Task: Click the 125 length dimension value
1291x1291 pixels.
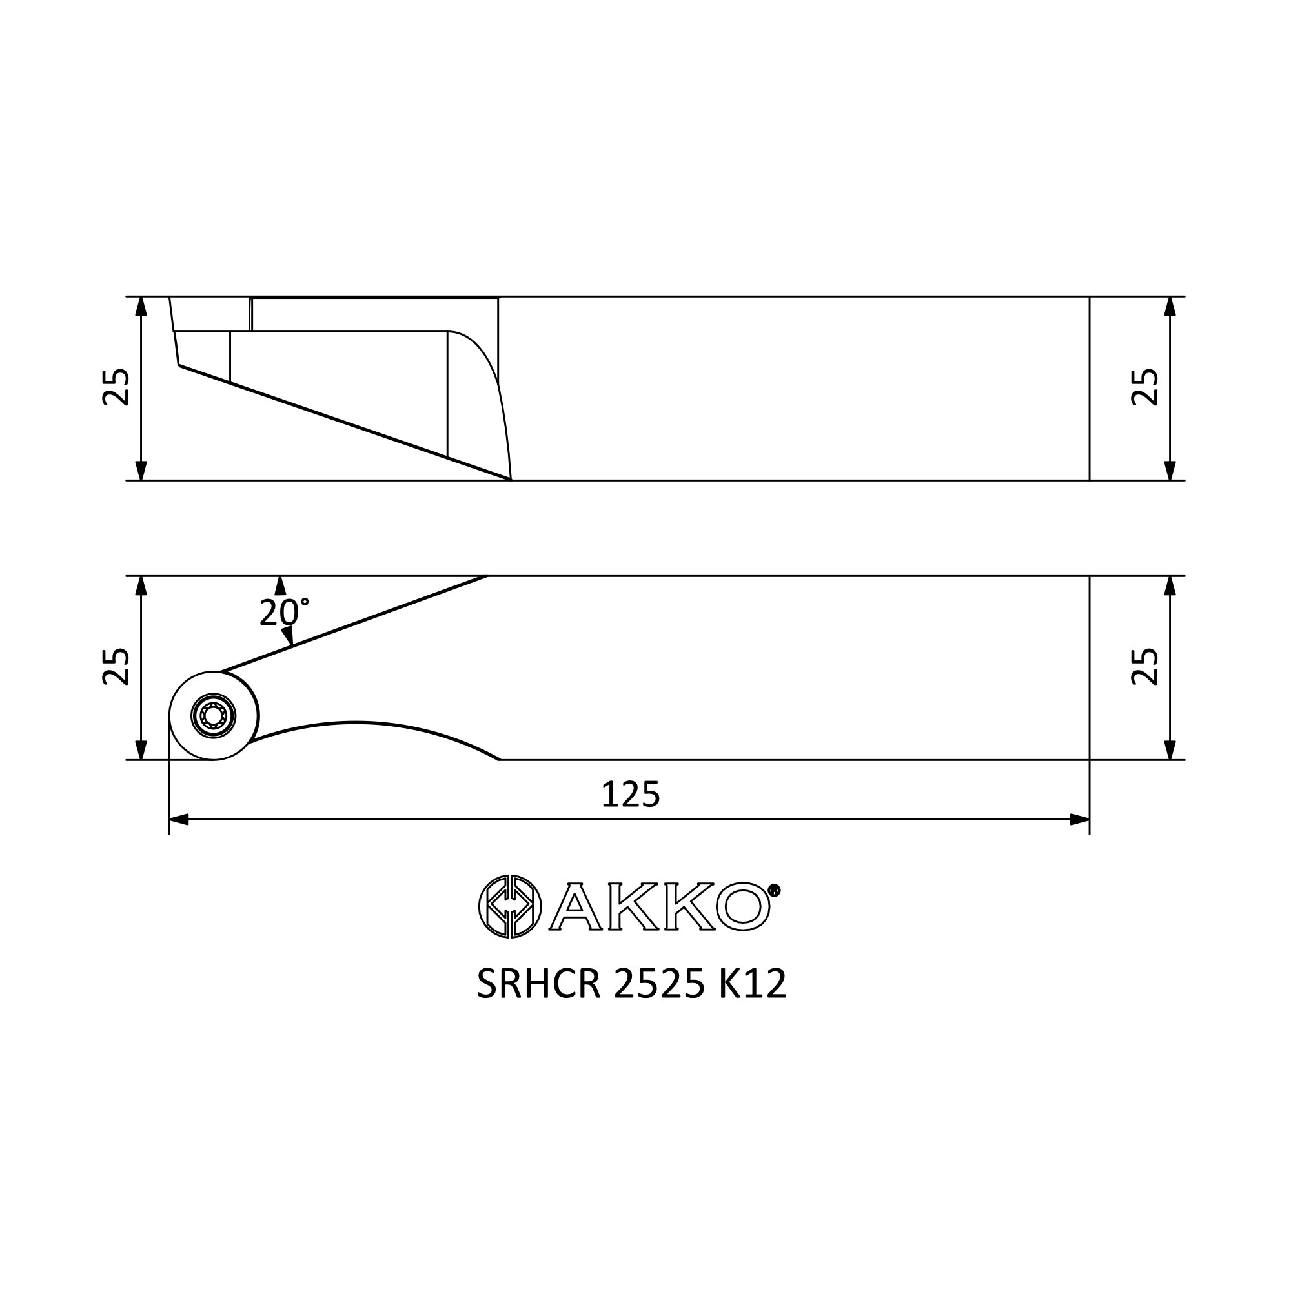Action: [x=630, y=795]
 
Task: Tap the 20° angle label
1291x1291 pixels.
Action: [x=283, y=612]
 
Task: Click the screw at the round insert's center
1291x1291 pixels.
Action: [x=213, y=717]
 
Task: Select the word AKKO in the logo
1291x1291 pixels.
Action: [x=659, y=907]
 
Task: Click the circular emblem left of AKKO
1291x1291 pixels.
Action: [x=509, y=906]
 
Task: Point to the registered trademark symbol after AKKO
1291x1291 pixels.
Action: [x=775, y=890]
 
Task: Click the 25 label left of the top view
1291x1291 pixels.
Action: [x=116, y=387]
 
